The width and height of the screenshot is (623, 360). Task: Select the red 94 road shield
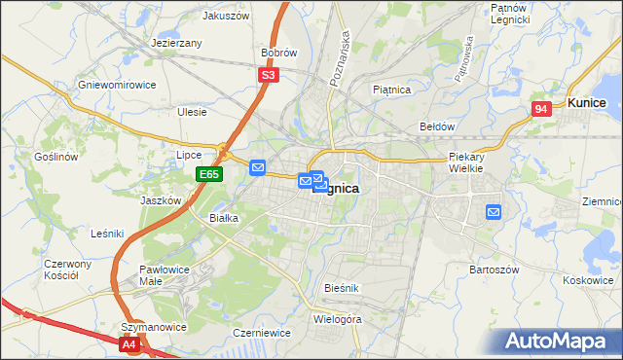pos(542,110)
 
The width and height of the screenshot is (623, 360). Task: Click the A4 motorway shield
pos(129,343)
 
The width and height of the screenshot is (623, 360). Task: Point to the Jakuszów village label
pos(226,16)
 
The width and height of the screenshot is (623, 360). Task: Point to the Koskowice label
pos(587,279)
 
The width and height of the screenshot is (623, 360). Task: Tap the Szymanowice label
pos(153,327)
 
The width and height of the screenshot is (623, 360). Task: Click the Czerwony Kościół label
pos(67,270)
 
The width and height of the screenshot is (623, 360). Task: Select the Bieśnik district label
pos(342,289)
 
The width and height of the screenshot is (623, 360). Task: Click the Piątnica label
pos(392,90)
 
